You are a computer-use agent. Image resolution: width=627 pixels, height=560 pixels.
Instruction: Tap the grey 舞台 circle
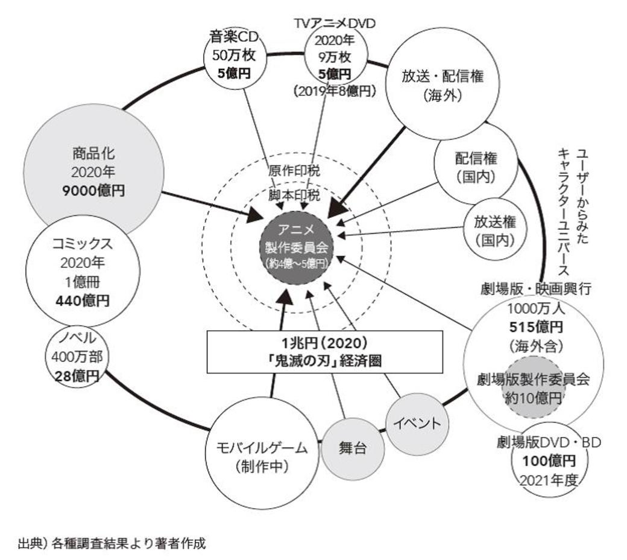coord(352,449)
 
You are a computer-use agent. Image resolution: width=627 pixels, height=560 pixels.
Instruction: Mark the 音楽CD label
coord(234,37)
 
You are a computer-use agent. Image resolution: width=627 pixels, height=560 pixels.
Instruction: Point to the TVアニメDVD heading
coord(334,24)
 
